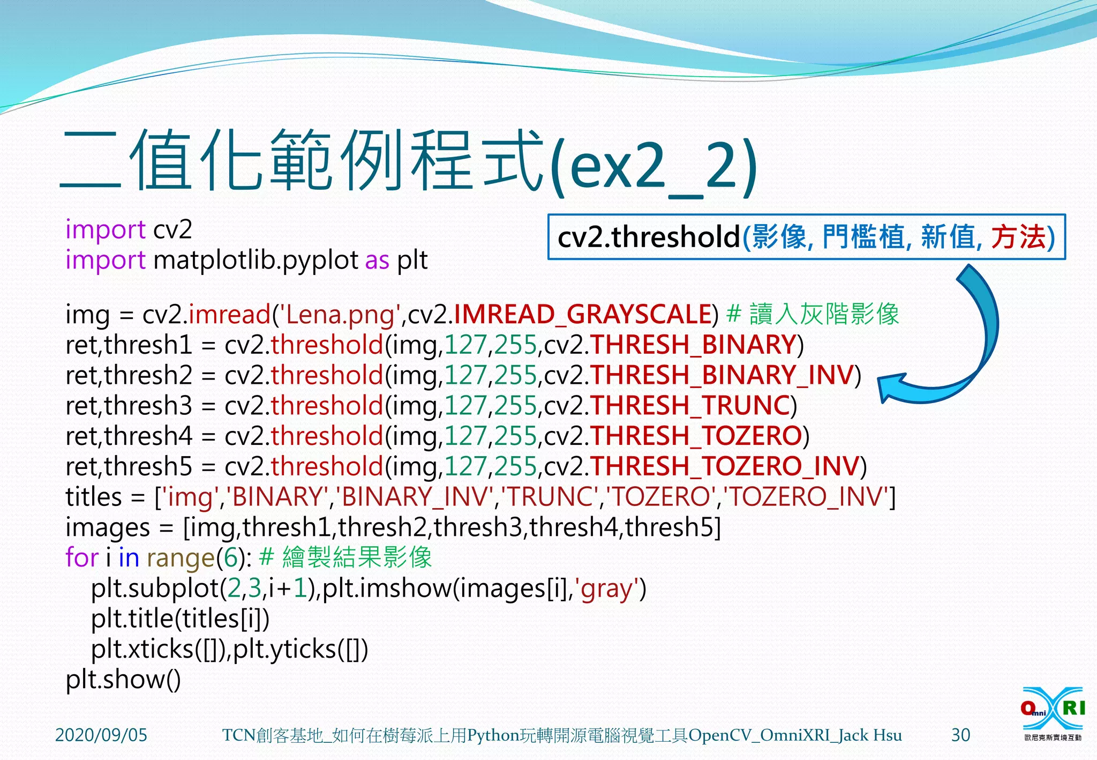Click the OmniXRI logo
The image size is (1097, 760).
coord(1053,713)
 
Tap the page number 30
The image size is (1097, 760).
coord(960,735)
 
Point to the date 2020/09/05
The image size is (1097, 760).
coord(101,735)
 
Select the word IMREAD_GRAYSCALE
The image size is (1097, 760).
coord(582,314)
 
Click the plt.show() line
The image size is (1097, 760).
coord(123,680)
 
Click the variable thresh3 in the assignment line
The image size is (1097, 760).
coord(148,406)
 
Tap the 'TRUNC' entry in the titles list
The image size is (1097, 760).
coord(550,497)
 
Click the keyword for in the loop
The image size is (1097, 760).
coord(81,557)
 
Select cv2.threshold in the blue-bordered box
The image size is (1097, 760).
coord(648,237)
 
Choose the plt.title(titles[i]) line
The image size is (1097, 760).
coord(180,619)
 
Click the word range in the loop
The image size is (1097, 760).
coord(181,558)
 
